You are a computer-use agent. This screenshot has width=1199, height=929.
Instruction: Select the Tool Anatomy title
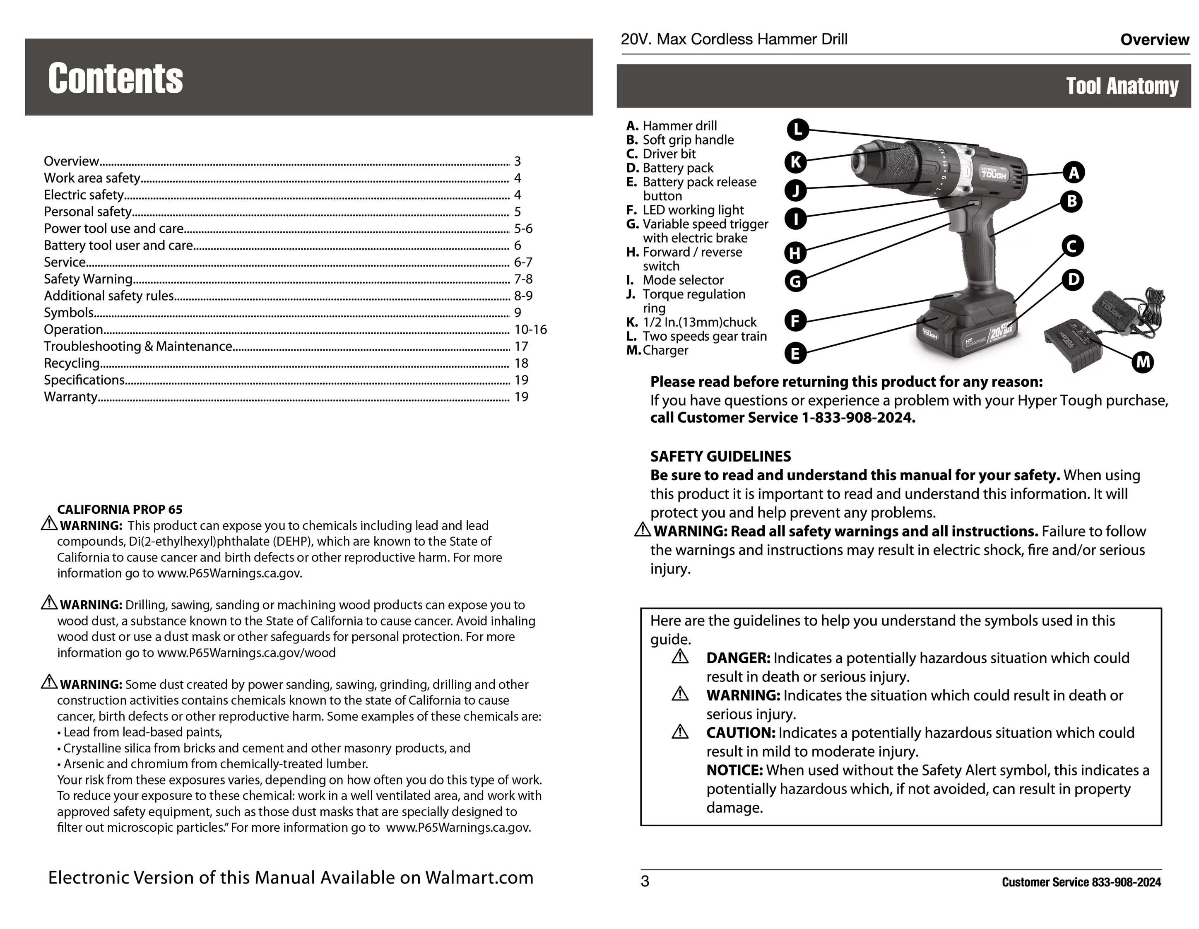click(1122, 86)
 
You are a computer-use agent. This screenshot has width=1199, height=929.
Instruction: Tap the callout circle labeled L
click(798, 130)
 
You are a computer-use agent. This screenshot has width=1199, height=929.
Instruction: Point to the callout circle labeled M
click(1143, 362)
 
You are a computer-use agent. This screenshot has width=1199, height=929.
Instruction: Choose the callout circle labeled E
click(795, 353)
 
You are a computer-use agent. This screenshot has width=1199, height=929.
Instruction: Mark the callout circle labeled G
click(795, 282)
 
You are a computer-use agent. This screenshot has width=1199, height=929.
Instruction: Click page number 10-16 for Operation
click(530, 330)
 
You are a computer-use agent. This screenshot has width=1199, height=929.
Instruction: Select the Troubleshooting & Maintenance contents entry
click(138, 347)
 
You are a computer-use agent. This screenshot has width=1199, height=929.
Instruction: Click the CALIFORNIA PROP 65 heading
click(120, 510)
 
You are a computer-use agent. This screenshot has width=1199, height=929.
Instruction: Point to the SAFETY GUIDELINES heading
click(720, 456)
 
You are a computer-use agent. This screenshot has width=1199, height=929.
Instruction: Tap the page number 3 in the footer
click(645, 881)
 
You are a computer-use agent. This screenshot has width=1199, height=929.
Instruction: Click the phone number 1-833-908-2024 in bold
click(858, 418)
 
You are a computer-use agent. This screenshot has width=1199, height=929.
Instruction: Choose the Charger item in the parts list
click(665, 350)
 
